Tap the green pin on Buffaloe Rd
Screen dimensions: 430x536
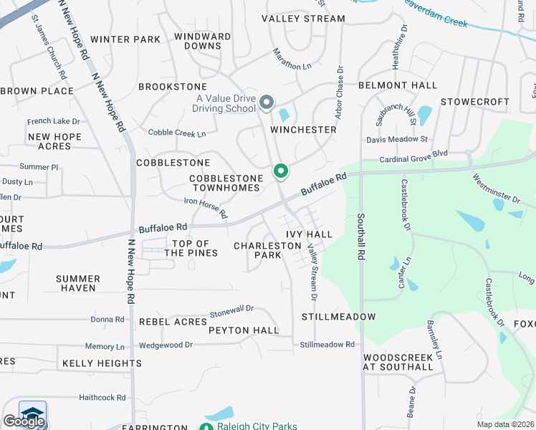(x=281, y=171)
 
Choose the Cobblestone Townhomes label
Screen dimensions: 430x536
(x=224, y=183)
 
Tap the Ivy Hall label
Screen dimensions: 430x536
(x=309, y=234)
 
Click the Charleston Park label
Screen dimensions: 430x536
(x=267, y=250)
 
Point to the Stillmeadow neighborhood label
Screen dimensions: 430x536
(x=338, y=316)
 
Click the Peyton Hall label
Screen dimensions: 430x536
(x=244, y=330)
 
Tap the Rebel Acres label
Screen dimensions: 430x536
(x=173, y=322)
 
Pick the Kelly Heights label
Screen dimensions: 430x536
(x=101, y=363)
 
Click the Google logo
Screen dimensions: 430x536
(x=24, y=421)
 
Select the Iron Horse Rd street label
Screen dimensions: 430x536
(x=206, y=209)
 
